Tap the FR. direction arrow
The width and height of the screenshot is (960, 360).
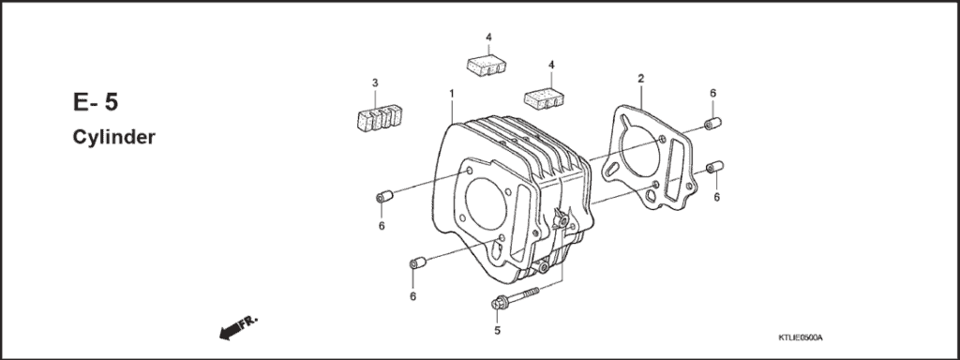click(x=236, y=326)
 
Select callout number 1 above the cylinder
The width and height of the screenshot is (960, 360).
click(x=451, y=94)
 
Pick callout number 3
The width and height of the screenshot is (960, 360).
click(x=374, y=83)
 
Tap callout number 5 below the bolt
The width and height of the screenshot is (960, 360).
click(x=497, y=329)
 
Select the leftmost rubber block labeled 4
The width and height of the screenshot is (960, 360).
click(x=487, y=66)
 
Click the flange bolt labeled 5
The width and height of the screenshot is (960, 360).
click(x=514, y=300)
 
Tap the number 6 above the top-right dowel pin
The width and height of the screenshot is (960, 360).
click(x=712, y=93)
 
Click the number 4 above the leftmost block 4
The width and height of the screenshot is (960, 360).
click(x=488, y=37)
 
